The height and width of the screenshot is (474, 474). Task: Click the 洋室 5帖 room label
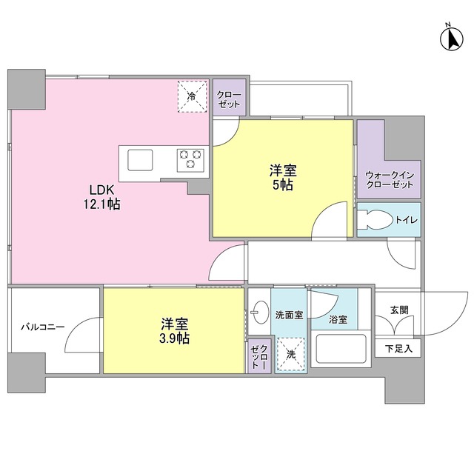tap(281, 178)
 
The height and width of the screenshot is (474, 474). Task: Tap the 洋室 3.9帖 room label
tap(175, 331)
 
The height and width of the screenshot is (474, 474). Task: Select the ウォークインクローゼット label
tap(389, 179)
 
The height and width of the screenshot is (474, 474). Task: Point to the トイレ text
tap(405, 220)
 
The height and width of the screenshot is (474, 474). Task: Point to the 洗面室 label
tap(290, 314)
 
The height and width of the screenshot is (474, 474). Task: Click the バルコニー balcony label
tap(42, 327)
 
